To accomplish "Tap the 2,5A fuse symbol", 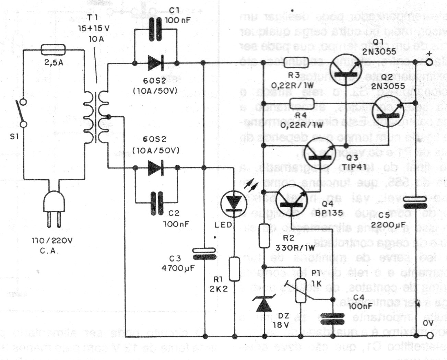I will pyautogui.click(x=53, y=50).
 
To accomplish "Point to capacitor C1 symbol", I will pyautogui.click(x=156, y=30).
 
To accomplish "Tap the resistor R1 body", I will pyautogui.click(x=235, y=268).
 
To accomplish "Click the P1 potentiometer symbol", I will pyautogui.click(x=301, y=290).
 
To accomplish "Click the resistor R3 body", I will pyautogui.click(x=298, y=62).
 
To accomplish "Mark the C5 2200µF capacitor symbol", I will pyautogui.click(x=415, y=202).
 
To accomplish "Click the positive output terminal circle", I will pyautogui.click(x=429, y=62).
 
